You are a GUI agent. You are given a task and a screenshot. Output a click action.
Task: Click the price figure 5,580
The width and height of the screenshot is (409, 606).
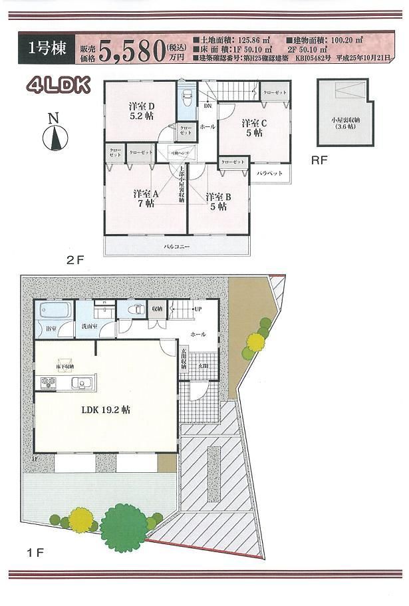click(131, 49)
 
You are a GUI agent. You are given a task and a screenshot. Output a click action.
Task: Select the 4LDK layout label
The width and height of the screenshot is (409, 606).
click(54, 84)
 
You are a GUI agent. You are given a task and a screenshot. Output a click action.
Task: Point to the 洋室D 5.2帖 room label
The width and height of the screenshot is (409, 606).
click(141, 111)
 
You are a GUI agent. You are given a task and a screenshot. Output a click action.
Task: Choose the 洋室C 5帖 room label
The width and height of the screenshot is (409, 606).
click(254, 128)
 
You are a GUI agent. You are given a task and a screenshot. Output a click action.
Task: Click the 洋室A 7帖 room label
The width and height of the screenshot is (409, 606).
click(146, 198)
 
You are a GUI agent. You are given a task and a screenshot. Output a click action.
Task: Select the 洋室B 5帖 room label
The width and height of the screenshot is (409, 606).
click(218, 202)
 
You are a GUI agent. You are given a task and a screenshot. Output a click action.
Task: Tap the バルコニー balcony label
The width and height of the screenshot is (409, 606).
click(177, 247)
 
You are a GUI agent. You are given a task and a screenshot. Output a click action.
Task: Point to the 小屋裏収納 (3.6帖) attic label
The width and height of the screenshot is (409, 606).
click(345, 123)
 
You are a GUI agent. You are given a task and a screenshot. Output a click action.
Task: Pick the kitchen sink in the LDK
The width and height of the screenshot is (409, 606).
click(84, 382)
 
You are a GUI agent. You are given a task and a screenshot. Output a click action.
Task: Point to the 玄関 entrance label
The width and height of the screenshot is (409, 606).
click(203, 366)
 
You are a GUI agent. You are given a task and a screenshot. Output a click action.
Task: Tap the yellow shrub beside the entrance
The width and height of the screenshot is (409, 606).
click(253, 343)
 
